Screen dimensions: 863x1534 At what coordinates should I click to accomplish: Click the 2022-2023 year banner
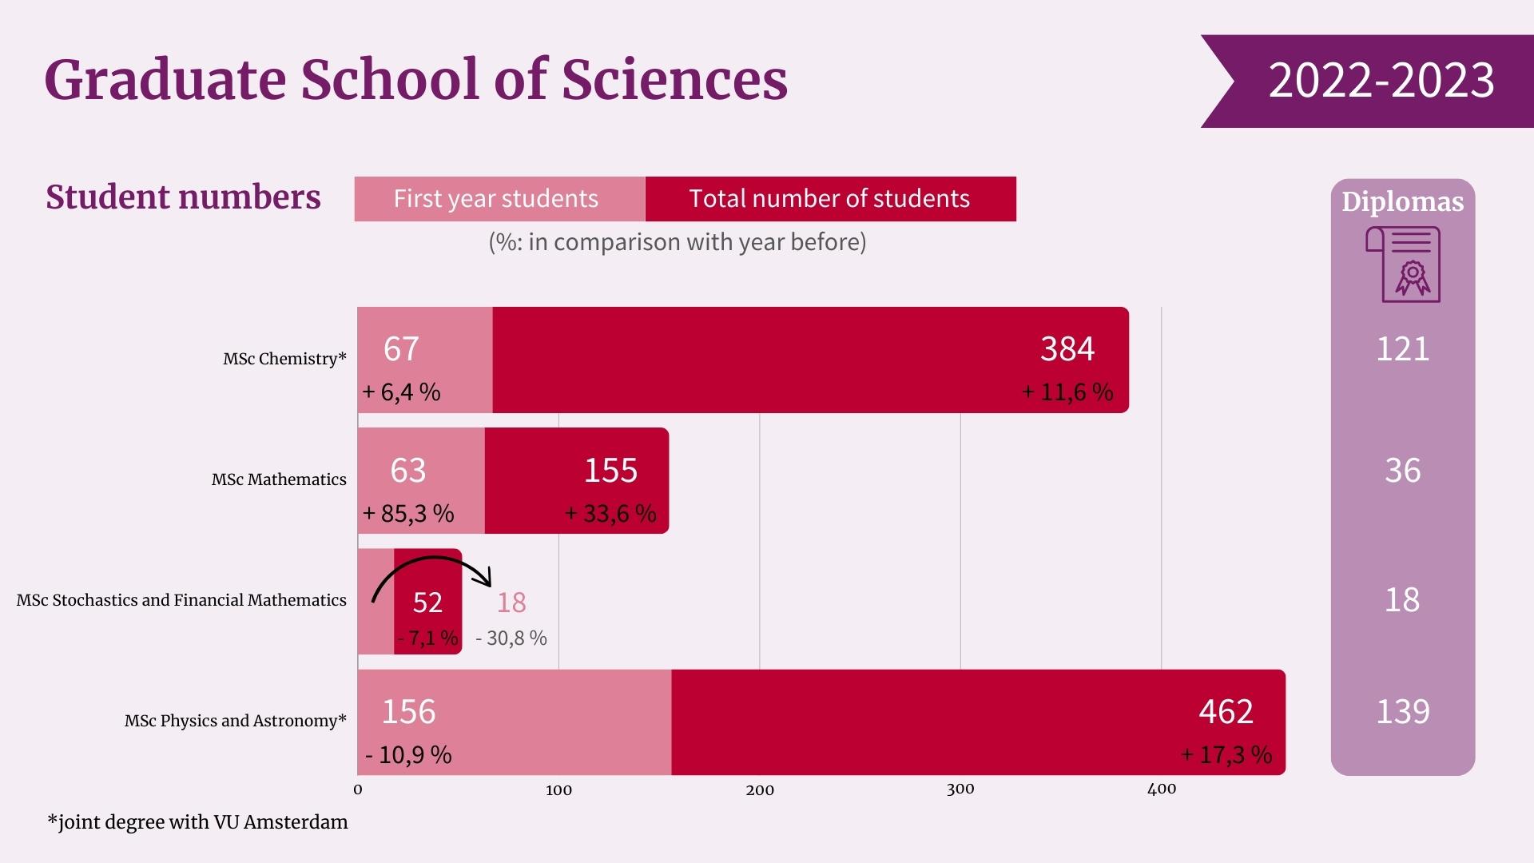click(x=1380, y=81)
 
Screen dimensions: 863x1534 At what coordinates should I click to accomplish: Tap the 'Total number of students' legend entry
click(x=829, y=199)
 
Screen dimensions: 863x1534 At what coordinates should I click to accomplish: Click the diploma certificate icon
click(x=1404, y=264)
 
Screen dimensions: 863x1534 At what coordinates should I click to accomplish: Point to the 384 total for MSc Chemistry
click(x=1067, y=349)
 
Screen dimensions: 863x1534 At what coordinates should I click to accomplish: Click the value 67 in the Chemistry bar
click(x=401, y=349)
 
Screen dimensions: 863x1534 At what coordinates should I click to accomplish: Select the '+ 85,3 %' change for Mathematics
click(x=408, y=513)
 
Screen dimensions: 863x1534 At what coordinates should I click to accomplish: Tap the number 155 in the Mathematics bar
click(x=610, y=471)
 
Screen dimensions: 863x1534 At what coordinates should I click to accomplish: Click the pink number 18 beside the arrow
click(x=511, y=603)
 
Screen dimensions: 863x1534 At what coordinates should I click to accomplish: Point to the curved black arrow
click(x=432, y=568)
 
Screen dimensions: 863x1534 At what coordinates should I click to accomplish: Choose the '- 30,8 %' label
click(x=511, y=638)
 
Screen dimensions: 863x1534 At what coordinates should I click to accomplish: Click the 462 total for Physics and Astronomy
click(x=1226, y=712)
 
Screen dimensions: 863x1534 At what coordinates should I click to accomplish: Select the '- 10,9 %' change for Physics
click(x=408, y=755)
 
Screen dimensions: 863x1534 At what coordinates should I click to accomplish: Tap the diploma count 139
click(x=1402, y=712)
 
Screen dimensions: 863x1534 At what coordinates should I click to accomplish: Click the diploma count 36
click(x=1402, y=471)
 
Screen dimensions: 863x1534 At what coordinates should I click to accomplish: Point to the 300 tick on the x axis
click(x=960, y=789)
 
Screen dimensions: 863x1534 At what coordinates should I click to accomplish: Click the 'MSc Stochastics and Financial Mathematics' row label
click(x=181, y=601)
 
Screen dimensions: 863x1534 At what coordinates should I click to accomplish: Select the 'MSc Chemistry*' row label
click(x=284, y=360)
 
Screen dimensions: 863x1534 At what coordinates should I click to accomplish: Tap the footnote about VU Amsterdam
click(x=197, y=822)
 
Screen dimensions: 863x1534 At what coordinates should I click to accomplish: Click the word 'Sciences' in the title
click(x=674, y=80)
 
